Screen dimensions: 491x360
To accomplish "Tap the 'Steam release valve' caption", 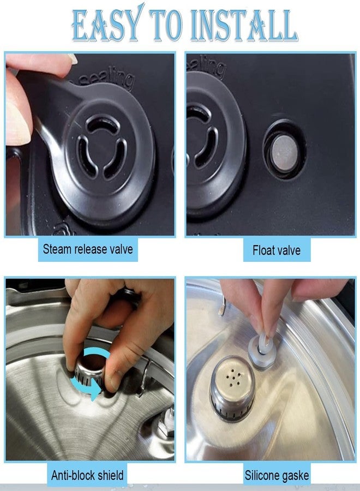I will (x=87, y=250).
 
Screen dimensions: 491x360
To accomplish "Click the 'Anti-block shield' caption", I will (x=87, y=474).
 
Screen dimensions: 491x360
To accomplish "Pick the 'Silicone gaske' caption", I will (x=277, y=475).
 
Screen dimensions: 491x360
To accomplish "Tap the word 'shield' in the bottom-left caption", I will (x=108, y=474).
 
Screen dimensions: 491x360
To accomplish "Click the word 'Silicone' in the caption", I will (x=265, y=475).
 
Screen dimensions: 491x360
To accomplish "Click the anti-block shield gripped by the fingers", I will (x=91, y=371).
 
